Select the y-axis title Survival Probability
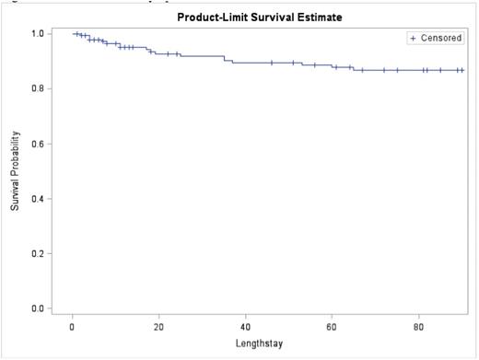pos(16,171)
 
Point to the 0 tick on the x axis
pos(73,326)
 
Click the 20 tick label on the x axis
pos(158,326)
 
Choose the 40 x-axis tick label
pos(245,326)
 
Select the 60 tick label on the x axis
pos(332,326)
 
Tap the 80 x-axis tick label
pos(418,326)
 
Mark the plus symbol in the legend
pos(413,38)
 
